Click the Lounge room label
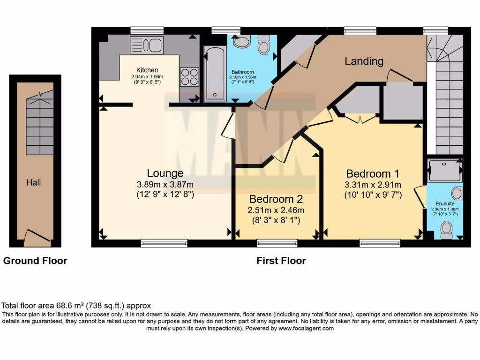click(x=165, y=173)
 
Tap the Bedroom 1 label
click(x=373, y=174)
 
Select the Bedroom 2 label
click(x=276, y=199)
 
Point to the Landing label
click(x=364, y=61)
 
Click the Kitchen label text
click(x=147, y=70)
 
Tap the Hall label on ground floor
click(x=33, y=183)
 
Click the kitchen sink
click(x=147, y=45)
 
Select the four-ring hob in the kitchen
click(x=189, y=77)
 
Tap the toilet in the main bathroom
click(x=263, y=45)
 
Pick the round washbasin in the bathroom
click(x=242, y=41)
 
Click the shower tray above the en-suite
click(x=445, y=171)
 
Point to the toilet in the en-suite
click(x=446, y=231)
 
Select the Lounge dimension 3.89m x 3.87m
click(x=165, y=185)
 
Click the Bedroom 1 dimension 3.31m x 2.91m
click(x=373, y=185)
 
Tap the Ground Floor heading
click(x=35, y=261)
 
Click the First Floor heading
click(x=281, y=261)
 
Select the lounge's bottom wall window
click(x=164, y=243)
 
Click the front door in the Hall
click(x=37, y=235)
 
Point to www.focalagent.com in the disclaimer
click(x=306, y=329)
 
